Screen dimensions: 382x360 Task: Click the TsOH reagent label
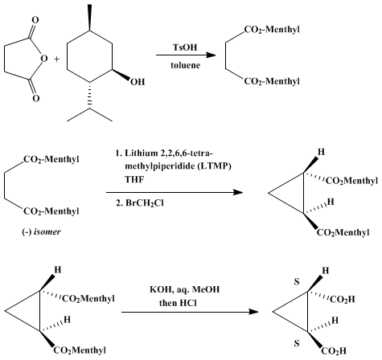tap(185, 47)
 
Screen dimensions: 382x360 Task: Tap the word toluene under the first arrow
tap(185, 65)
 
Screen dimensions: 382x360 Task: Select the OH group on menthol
tap(138, 82)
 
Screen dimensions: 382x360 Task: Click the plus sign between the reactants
tap(56, 59)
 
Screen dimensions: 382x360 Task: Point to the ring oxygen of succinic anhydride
tap(44, 58)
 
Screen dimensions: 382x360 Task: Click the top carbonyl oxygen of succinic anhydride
tap(35, 20)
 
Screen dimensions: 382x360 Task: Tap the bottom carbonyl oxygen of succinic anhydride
tap(36, 98)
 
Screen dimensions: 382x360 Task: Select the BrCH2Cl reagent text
tap(140, 203)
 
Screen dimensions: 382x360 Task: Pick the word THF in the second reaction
tap(134, 179)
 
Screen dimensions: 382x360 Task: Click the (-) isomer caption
tap(41, 231)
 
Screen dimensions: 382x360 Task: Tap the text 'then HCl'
tap(178, 303)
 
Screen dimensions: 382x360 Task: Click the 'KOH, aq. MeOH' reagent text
tap(185, 289)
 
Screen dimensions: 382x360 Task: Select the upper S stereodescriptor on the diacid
tap(297, 282)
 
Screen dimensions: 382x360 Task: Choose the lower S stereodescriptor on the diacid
tap(297, 343)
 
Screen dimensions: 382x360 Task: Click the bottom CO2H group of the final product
tap(334, 351)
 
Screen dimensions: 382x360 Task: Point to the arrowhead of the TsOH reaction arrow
tap(211, 55)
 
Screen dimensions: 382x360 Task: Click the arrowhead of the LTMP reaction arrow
tap(238, 192)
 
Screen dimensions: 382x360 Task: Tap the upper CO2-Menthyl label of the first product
tap(272, 30)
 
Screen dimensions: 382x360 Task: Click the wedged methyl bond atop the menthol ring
tap(89, 18)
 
